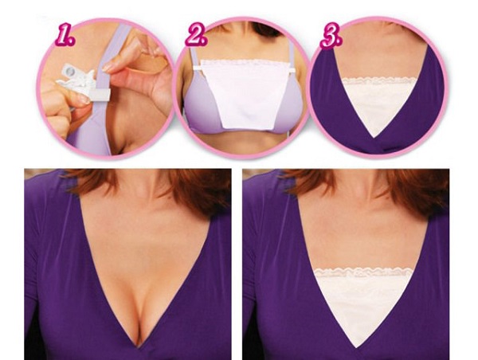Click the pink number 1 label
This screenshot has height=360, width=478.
[65, 37]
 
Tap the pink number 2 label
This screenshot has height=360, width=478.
[196, 36]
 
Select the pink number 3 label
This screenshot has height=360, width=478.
[331, 37]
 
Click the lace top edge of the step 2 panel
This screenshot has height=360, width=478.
[245, 62]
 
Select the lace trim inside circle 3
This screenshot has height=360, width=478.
[379, 81]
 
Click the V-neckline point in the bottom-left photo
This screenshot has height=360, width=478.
[139, 347]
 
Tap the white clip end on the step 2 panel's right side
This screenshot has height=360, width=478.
[292, 71]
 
